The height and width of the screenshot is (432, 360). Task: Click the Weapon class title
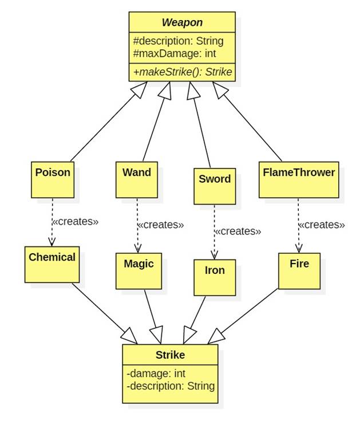[182, 22]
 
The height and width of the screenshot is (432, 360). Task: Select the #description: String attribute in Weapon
[178, 41]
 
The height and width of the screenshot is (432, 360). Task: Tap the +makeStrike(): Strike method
[182, 72]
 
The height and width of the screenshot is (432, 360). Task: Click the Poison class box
[53, 178]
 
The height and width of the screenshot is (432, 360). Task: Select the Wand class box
[137, 179]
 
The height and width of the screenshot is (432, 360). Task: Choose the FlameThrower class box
[298, 179]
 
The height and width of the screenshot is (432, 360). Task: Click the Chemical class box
[52, 264]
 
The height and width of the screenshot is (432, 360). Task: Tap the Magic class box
[139, 270]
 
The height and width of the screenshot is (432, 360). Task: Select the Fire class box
[299, 270]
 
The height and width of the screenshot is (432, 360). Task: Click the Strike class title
[170, 355]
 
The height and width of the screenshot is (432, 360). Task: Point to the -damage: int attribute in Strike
[156, 374]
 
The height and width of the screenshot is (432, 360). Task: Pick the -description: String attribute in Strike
[171, 386]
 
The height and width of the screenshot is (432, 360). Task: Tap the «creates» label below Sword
[238, 231]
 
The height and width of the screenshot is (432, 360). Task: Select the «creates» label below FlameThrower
[322, 225]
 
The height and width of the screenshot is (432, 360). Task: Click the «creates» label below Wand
[161, 225]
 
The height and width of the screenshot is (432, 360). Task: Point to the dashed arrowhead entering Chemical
[52, 241]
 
